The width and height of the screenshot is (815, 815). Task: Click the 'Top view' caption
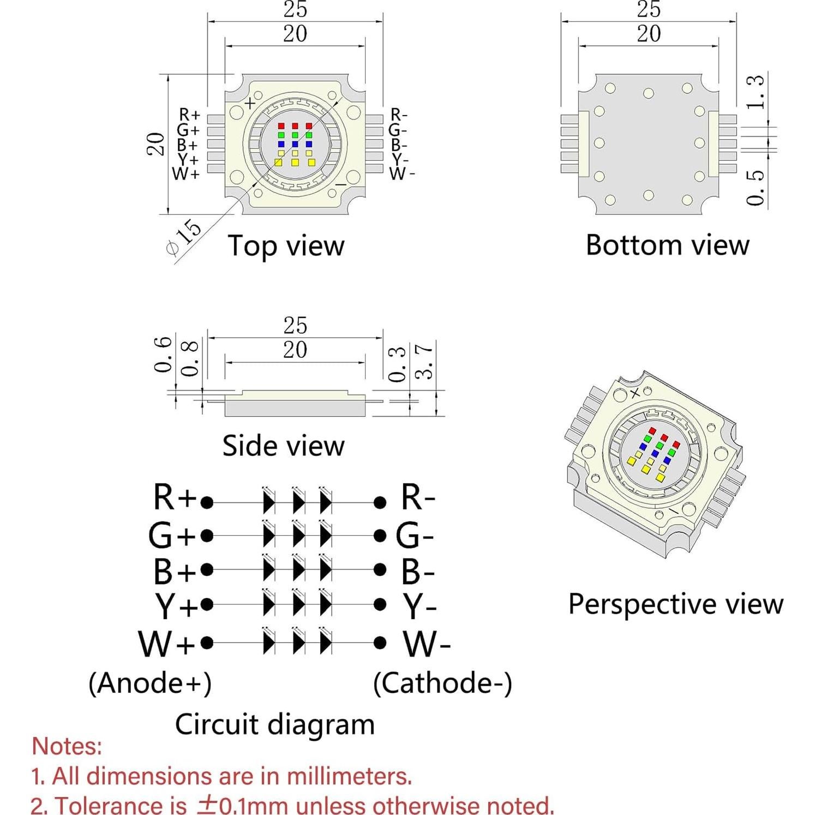(286, 245)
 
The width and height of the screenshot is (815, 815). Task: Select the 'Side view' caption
(283, 446)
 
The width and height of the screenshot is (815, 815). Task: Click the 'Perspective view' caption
(675, 604)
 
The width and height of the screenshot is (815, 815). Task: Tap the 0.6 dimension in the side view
(163, 355)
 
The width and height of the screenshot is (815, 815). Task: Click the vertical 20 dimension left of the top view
(156, 144)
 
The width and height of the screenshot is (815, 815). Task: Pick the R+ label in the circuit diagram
(174, 498)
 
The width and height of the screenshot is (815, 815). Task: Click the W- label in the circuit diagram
(427, 644)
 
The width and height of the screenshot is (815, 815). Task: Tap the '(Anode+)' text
(150, 683)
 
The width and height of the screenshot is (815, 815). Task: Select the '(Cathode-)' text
(442, 683)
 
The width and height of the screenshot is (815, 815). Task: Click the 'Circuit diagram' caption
(274, 724)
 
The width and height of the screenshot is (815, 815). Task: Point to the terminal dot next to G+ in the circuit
(207, 536)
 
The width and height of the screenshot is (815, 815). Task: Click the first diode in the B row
(268, 570)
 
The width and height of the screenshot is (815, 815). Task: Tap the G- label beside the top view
(398, 130)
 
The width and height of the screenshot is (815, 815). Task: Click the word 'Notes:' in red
(67, 746)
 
